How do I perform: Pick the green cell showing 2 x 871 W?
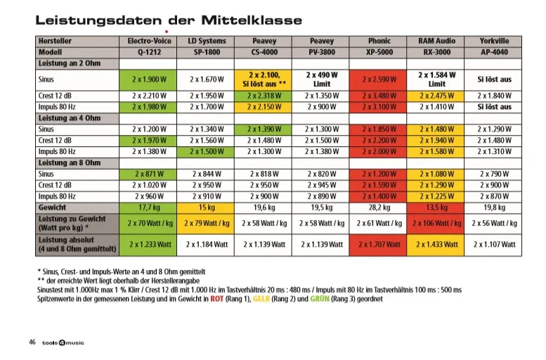pyautogui.click(x=148, y=174)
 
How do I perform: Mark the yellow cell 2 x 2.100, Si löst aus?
pyautogui.click(x=264, y=80)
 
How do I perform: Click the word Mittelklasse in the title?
pyautogui.click(x=252, y=20)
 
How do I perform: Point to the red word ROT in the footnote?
pyautogui.click(x=216, y=299)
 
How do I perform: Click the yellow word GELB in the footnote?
pyautogui.click(x=261, y=299)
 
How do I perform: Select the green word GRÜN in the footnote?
pyautogui.click(x=320, y=299)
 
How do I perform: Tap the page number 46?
pyautogui.click(x=32, y=342)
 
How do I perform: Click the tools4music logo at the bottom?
pyautogui.click(x=63, y=343)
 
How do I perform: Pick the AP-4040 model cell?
pyautogui.click(x=493, y=52)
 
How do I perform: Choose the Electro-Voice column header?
pyautogui.click(x=148, y=41)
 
